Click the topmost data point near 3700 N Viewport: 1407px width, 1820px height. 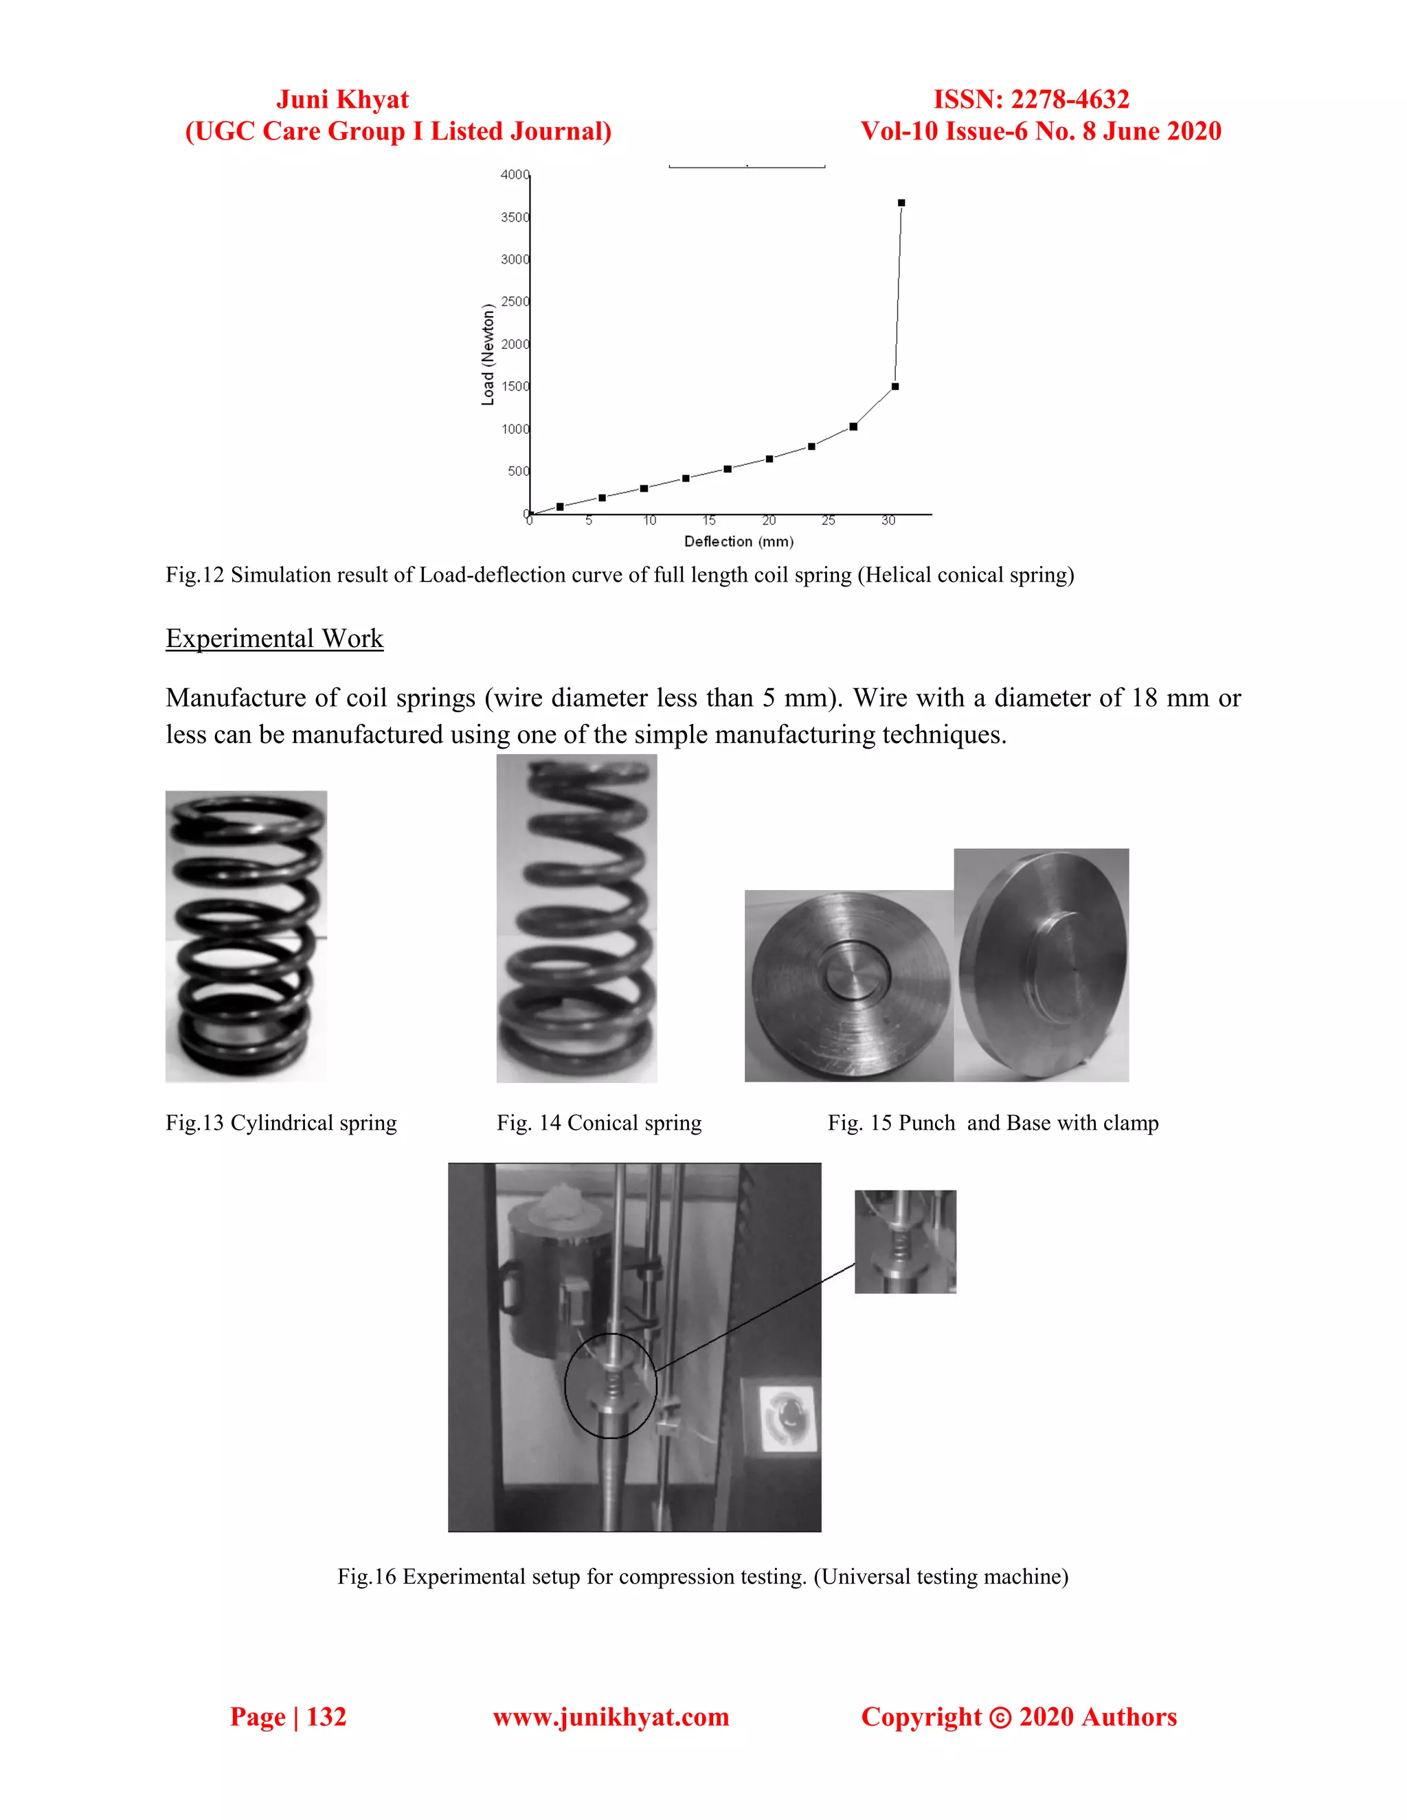pos(901,203)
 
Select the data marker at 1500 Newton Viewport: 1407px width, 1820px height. pos(894,387)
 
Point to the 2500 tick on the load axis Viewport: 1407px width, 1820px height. pos(515,302)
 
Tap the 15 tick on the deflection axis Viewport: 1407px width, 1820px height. pos(708,521)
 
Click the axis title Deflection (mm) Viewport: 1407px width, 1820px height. pos(739,542)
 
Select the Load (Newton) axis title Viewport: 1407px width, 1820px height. pos(488,355)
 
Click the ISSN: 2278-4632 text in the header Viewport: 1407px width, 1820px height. pos(1031,99)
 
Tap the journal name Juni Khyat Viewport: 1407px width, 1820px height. pos(343,99)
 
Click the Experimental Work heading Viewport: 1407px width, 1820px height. pos(274,638)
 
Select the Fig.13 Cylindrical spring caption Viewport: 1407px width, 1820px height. pos(281,1124)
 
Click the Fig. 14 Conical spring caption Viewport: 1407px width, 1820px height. pos(598,1124)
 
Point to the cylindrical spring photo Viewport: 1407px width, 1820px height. pos(246,936)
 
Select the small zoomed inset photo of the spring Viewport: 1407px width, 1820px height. pos(905,1242)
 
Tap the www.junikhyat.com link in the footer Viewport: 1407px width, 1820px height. pos(610,1717)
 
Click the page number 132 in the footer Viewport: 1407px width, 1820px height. pos(326,1717)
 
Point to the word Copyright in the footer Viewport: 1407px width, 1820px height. pos(921,1717)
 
